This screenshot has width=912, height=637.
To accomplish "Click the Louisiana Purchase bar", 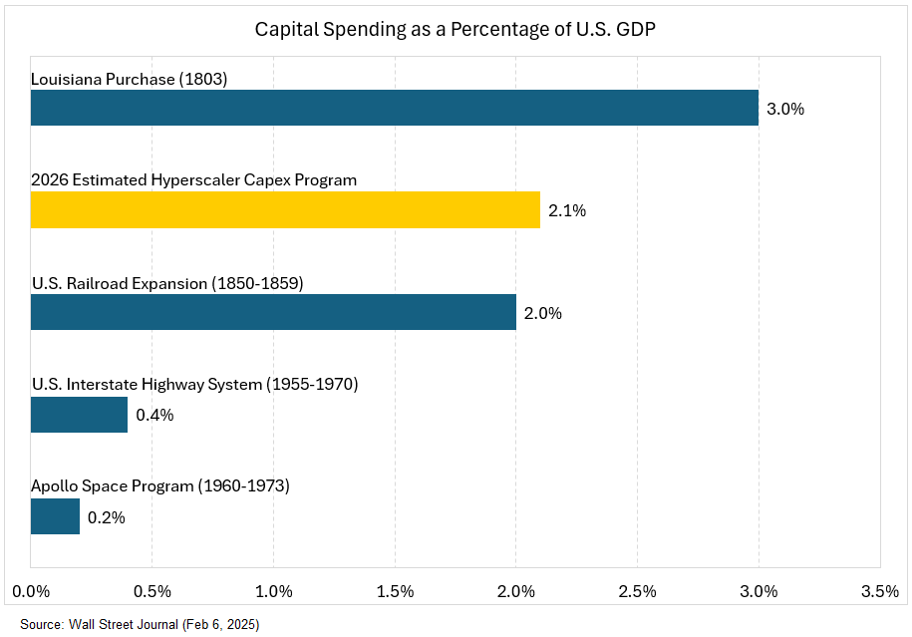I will point(394,108).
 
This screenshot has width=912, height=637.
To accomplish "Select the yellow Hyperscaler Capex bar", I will point(285,210).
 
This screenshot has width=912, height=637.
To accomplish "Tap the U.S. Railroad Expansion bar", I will point(273,312).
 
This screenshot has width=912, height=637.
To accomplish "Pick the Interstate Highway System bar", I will point(79,415).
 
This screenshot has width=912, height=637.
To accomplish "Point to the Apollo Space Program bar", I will point(55,516).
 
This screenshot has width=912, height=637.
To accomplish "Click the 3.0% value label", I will point(785,109).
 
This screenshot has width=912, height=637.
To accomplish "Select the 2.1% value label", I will point(567,211).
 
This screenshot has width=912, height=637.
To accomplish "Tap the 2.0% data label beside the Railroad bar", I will point(543,313).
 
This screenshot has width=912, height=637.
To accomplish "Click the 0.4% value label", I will point(154,415).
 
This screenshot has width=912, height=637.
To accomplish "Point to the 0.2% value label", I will point(107,517).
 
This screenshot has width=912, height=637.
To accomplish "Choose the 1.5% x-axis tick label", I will point(395,591).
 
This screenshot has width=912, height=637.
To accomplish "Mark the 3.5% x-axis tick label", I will point(879,591).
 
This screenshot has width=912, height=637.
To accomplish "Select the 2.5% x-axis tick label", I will point(637,591).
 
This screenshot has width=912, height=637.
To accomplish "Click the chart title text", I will point(456,29).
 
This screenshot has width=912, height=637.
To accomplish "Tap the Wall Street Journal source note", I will point(139,624).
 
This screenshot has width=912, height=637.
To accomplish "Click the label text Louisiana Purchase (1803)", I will point(130,79).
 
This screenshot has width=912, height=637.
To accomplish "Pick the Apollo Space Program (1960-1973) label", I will point(160,486).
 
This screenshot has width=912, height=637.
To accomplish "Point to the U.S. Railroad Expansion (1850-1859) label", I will point(167,283).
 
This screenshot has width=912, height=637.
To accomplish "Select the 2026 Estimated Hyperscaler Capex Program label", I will point(194,180).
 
